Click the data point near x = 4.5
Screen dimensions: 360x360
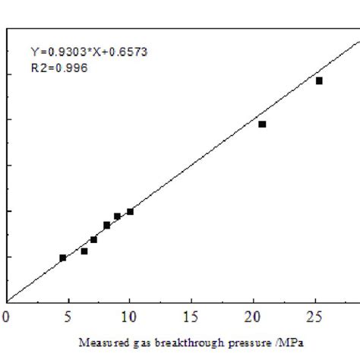[x=63, y=257]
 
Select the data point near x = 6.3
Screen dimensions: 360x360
[x=84, y=251]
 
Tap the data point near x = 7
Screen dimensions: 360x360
[x=93, y=239]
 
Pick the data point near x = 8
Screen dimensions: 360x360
[x=107, y=225]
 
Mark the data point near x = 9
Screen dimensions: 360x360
[x=117, y=216]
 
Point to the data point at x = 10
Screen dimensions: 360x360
[x=130, y=211]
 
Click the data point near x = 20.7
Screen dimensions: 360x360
[x=262, y=124]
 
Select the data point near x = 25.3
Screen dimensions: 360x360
[x=319, y=81]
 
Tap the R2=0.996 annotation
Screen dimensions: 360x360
[x=59, y=68]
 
